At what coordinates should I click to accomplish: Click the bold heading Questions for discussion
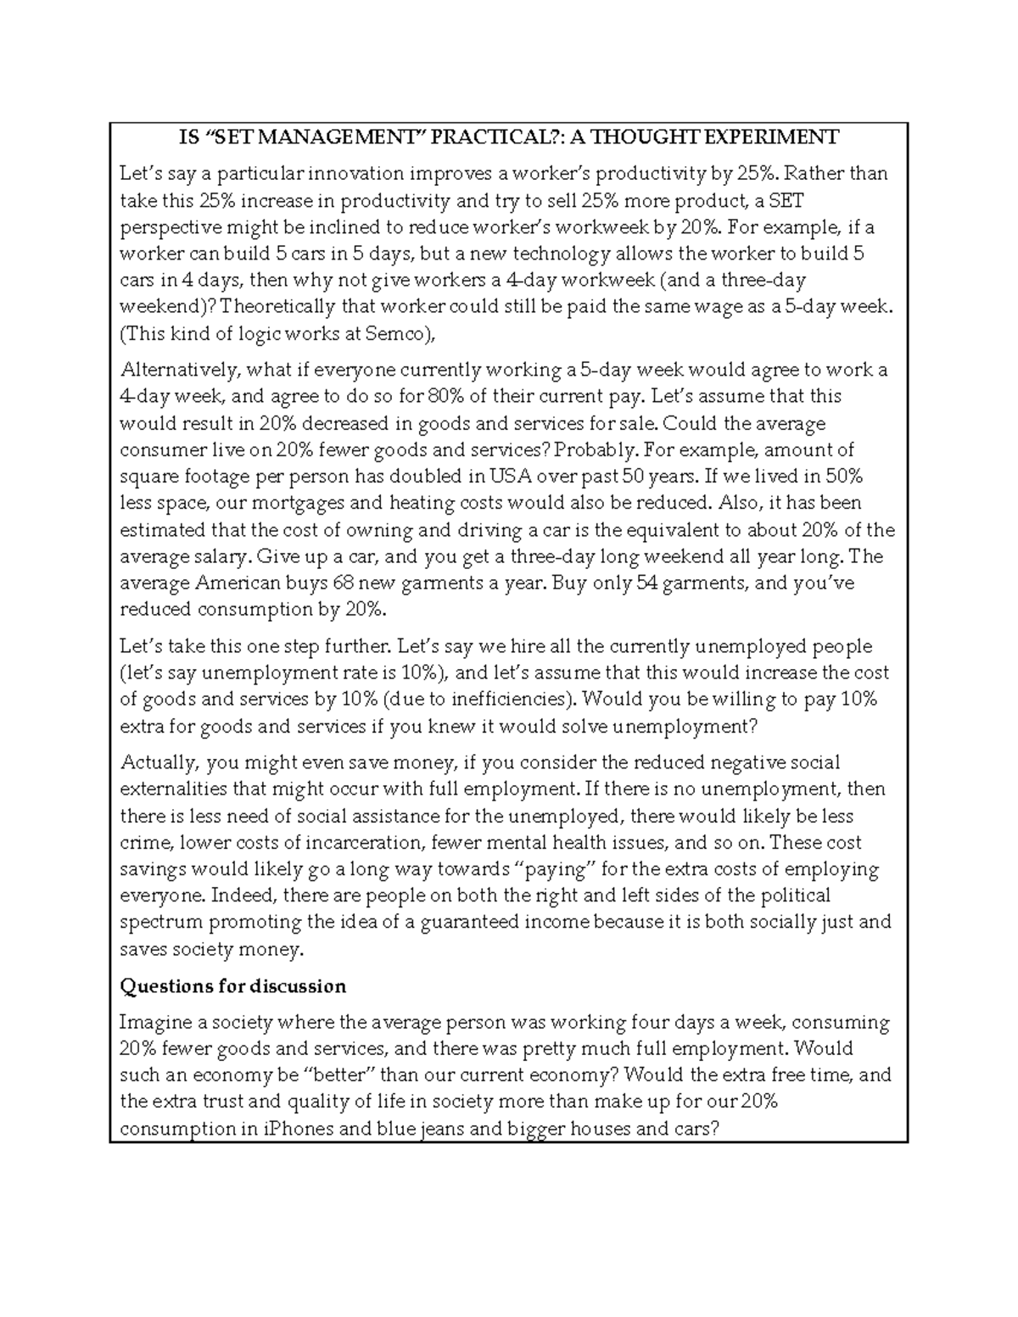tap(232, 986)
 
